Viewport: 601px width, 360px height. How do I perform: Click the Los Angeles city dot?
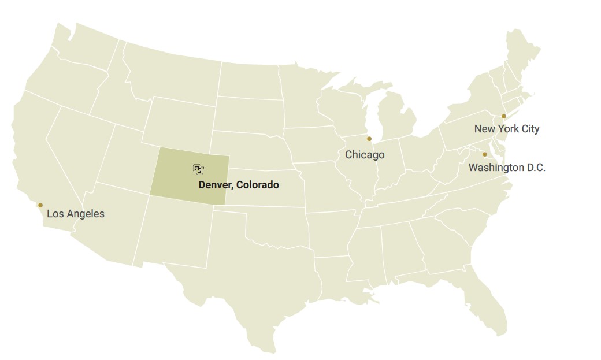coord(40,205)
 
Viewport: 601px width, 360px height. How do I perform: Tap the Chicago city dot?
coord(369,139)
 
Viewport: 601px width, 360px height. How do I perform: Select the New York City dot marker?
coord(504,116)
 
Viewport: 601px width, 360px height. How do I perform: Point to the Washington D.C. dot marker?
coord(485,154)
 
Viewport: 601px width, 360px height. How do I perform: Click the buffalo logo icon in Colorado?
coord(198,169)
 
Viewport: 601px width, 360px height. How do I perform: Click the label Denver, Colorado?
coord(239,185)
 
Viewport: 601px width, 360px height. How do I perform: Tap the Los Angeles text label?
coord(76,214)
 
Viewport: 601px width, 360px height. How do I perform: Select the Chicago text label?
coord(365,155)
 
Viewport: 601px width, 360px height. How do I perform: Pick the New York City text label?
coord(507,129)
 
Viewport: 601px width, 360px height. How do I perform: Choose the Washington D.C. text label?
coord(507,168)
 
